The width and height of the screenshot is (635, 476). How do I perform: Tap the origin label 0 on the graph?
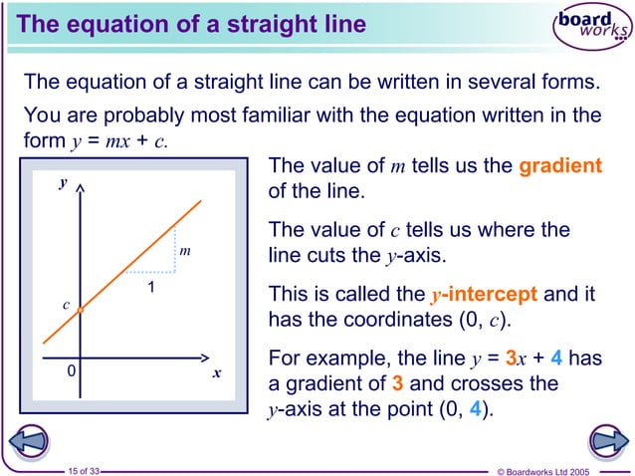(71, 370)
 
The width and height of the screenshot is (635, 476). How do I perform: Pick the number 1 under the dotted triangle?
(150, 288)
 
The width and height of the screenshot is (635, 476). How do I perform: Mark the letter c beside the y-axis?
(66, 305)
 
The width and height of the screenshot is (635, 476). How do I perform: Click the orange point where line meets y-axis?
(81, 311)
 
